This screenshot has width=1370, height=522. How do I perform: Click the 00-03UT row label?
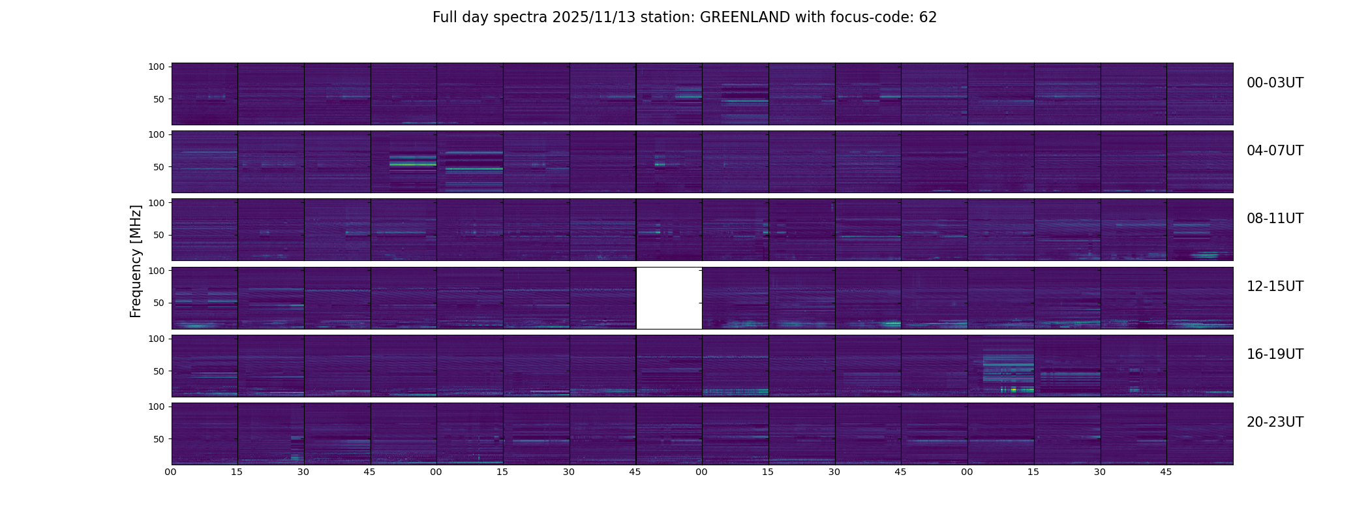coord(1274,83)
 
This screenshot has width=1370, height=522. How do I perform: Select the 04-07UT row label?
coord(1274,151)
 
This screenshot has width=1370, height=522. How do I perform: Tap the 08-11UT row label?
coord(1274,219)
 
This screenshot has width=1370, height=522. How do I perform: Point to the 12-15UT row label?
coord(1274,286)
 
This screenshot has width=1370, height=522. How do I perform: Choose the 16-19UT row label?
coord(1274,354)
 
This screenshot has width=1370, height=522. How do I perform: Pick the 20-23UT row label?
coord(1274,422)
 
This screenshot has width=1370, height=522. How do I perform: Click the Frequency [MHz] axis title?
coord(136,261)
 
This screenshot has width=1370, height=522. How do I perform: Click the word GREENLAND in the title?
coord(744,18)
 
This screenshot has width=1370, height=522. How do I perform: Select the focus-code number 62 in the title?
coord(928,18)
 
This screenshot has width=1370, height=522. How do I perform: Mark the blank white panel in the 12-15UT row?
coord(669,298)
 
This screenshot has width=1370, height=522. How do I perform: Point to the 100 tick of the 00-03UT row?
coord(157,67)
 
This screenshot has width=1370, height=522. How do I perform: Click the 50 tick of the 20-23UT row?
coord(159,439)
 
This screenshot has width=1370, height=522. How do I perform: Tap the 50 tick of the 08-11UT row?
coord(159,235)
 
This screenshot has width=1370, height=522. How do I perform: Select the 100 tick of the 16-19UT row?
coord(157,339)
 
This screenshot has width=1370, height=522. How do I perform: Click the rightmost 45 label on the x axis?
coord(1166,472)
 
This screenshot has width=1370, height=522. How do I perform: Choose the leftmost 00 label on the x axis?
coord(171,472)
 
